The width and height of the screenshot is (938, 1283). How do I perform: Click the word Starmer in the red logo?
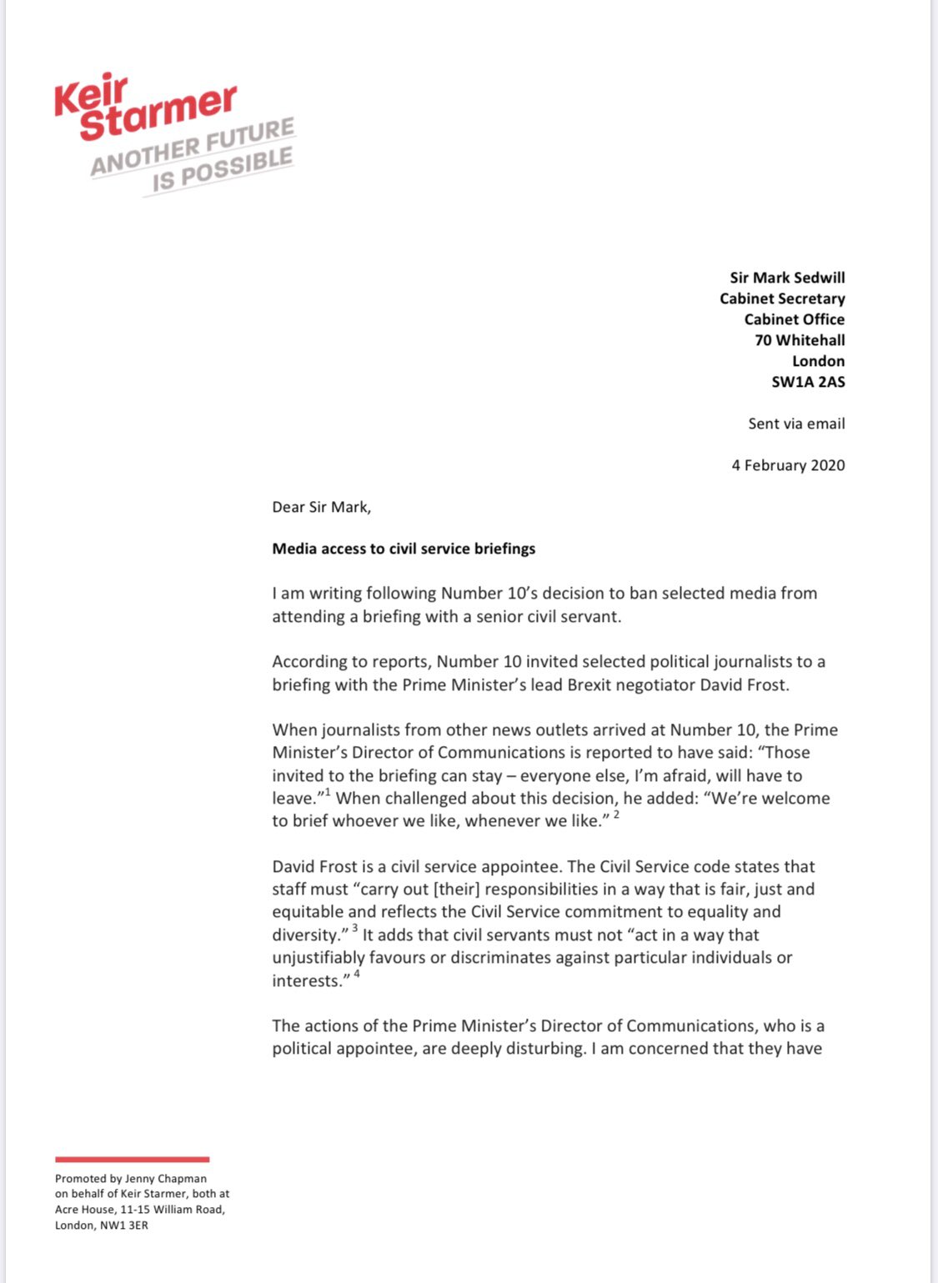(x=158, y=112)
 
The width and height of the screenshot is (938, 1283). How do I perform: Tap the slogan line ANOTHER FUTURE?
(x=193, y=147)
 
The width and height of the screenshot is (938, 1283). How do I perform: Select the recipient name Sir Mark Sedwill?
(x=787, y=278)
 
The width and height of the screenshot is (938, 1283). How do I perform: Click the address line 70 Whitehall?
(x=800, y=340)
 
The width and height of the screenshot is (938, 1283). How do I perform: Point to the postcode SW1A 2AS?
(x=808, y=382)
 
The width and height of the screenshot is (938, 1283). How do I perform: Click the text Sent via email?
(x=796, y=423)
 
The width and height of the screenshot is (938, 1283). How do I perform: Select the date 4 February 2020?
(x=788, y=465)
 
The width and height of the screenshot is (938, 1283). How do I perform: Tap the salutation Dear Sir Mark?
(x=321, y=507)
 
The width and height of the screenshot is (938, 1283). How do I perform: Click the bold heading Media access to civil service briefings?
(x=404, y=549)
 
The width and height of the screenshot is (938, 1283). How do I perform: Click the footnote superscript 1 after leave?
(x=328, y=792)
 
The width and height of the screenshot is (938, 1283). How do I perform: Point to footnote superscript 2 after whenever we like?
(x=616, y=814)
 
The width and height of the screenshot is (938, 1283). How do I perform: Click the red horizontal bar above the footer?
(x=132, y=1159)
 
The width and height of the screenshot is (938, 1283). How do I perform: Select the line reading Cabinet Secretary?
(x=782, y=298)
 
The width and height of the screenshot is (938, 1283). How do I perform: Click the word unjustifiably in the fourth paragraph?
(x=319, y=958)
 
